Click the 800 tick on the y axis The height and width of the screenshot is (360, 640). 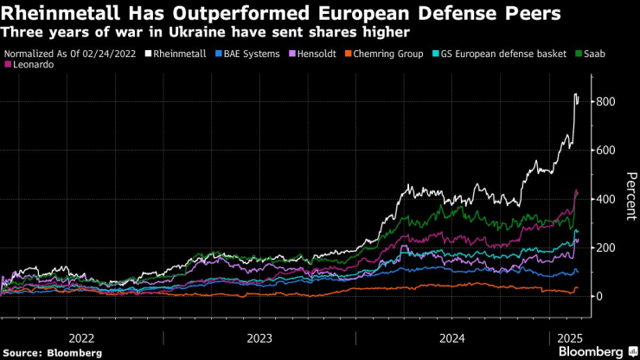coord(605,102)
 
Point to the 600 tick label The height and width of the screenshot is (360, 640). coord(605,151)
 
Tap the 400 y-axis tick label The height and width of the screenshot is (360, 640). coord(605,199)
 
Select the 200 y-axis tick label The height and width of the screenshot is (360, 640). coord(605,247)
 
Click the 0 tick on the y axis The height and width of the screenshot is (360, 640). coord(598,296)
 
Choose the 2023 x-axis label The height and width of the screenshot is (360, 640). coord(259,337)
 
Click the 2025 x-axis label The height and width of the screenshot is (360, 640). coord(567,337)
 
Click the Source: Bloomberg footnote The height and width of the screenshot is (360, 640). coord(52,353)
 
